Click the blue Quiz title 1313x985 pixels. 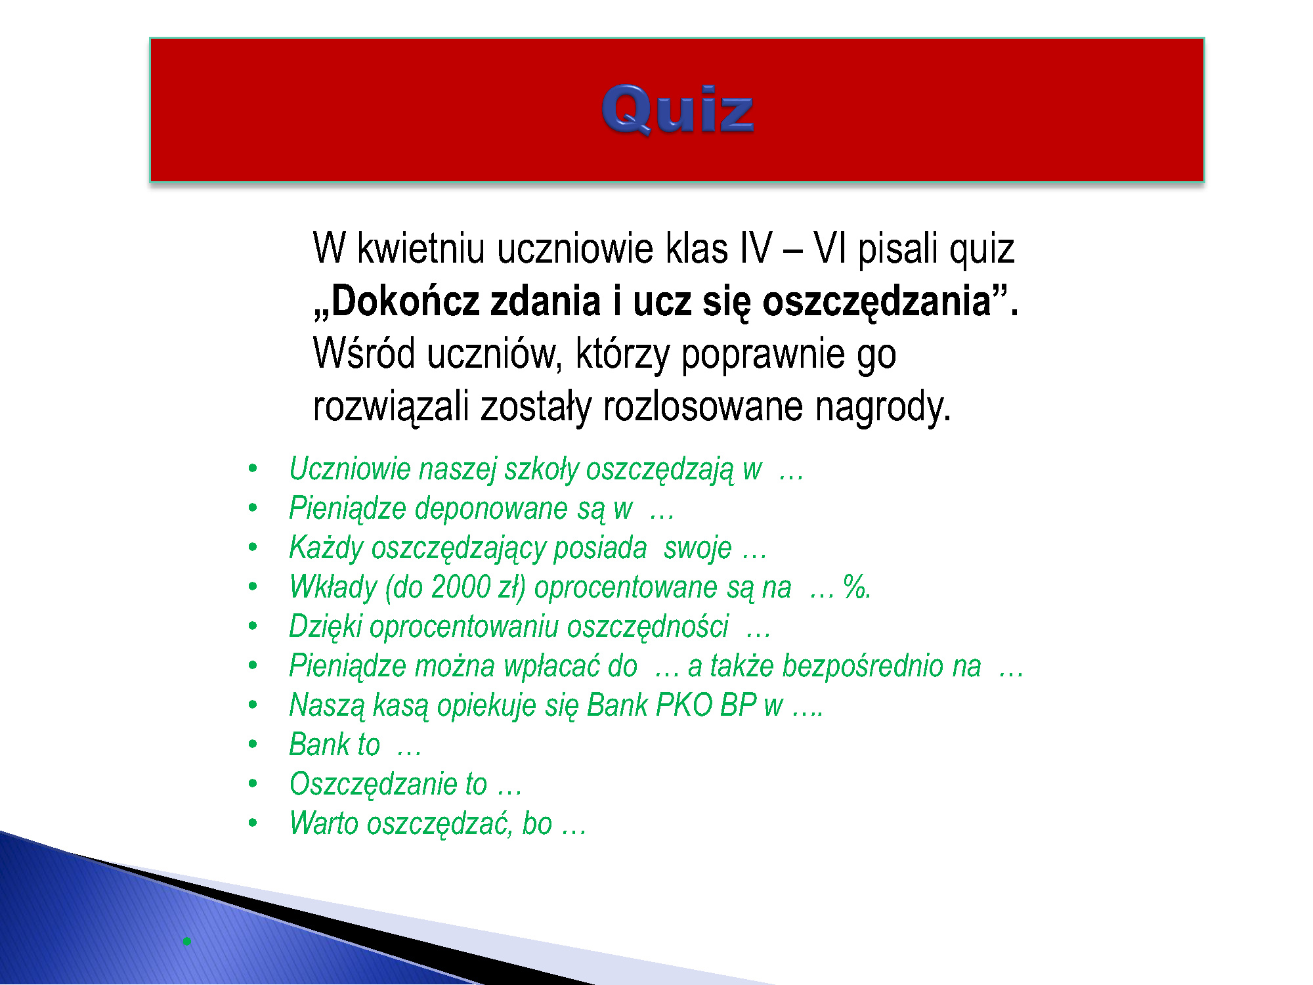click(x=678, y=110)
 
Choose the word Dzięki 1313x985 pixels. click(x=326, y=627)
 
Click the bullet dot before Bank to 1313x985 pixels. click(x=253, y=745)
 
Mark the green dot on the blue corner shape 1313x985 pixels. click(x=187, y=941)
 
